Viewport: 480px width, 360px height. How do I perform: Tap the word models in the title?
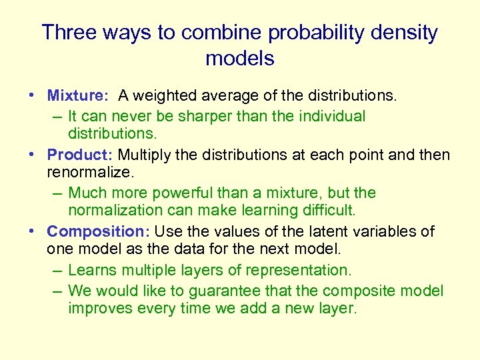(x=240, y=59)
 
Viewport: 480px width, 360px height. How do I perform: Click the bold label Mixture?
(x=77, y=97)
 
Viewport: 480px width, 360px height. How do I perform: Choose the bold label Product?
(x=80, y=155)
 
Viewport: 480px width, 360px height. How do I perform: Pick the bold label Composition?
(x=99, y=232)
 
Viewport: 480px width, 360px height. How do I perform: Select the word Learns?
(x=90, y=270)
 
